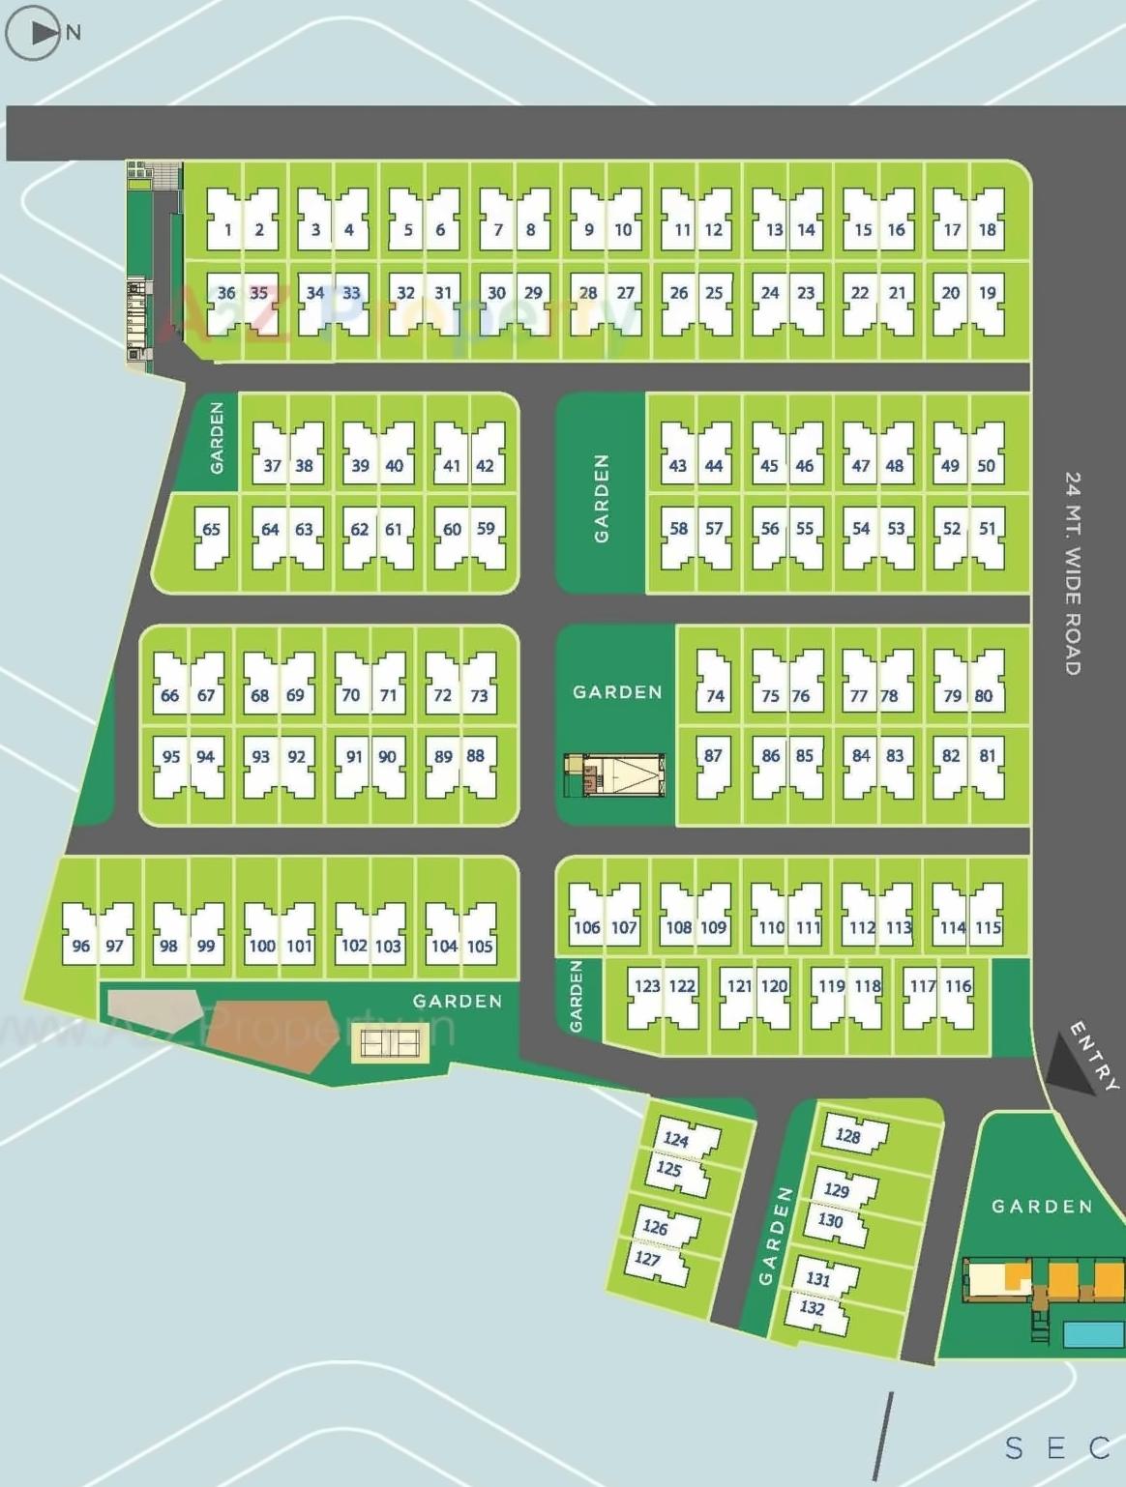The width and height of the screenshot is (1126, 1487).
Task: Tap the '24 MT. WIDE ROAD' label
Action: pos(1073,572)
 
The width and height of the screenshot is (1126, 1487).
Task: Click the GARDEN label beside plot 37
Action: pos(217,438)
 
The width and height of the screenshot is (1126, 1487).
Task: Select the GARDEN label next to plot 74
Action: pos(617,692)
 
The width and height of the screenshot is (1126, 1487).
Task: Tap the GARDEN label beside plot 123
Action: pos(577,996)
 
